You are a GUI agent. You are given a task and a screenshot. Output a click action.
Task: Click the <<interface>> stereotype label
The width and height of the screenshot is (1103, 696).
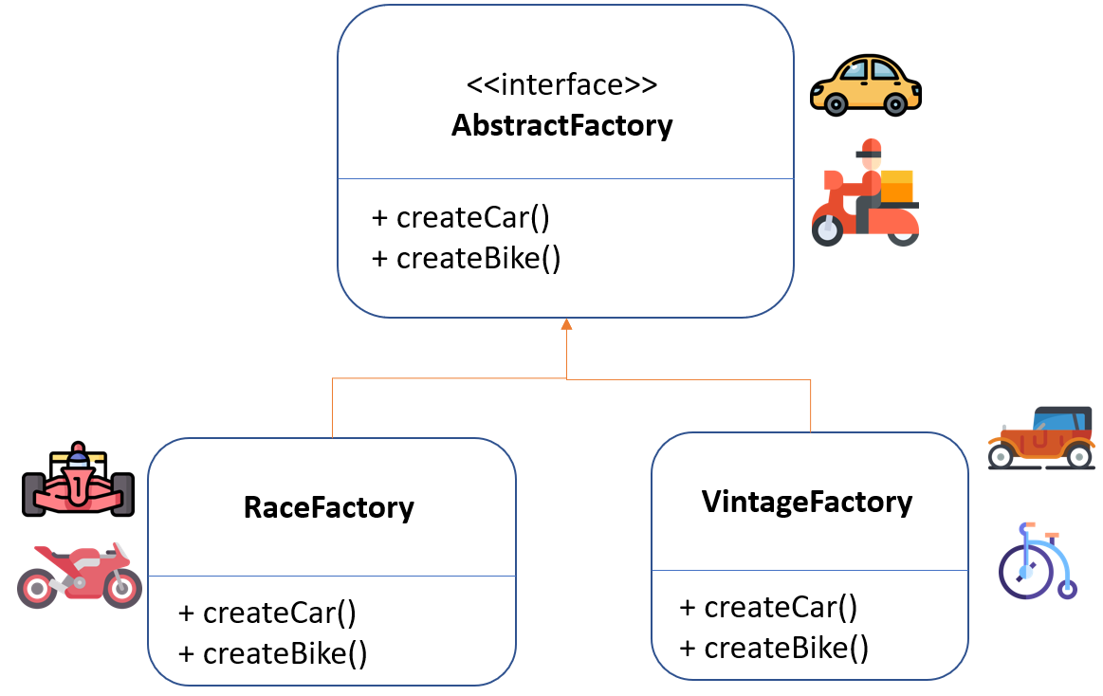(561, 85)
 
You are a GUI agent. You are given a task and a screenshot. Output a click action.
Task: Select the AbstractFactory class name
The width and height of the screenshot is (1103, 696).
(561, 125)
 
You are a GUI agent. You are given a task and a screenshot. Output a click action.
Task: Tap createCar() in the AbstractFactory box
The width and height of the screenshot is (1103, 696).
(462, 217)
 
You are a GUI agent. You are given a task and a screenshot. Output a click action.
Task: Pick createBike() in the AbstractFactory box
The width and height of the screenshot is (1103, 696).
(467, 258)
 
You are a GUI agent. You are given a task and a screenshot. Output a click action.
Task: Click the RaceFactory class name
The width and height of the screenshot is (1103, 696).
(329, 507)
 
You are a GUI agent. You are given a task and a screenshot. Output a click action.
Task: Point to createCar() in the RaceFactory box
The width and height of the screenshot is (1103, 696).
(268, 613)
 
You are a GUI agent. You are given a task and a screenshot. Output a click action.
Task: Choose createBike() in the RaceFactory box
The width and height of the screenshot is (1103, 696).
(273, 653)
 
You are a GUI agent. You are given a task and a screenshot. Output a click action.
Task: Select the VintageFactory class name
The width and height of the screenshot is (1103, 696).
(807, 502)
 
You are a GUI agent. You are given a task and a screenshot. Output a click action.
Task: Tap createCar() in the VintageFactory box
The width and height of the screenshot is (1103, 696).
(769, 607)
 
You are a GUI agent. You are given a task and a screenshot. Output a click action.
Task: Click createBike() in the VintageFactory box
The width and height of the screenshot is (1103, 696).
(774, 649)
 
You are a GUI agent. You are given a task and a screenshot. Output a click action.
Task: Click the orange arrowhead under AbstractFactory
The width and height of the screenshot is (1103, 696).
(566, 324)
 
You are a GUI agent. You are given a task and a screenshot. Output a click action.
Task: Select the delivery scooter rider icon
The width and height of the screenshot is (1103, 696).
(865, 193)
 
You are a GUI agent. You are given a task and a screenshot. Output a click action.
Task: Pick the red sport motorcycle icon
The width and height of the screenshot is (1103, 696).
(79, 576)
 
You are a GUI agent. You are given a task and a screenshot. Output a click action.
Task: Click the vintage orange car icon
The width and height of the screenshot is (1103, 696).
(1040, 438)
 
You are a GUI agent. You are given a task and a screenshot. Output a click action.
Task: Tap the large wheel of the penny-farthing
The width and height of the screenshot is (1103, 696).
(1025, 571)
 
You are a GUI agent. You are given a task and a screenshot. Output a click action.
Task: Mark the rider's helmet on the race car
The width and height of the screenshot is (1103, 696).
(78, 459)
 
